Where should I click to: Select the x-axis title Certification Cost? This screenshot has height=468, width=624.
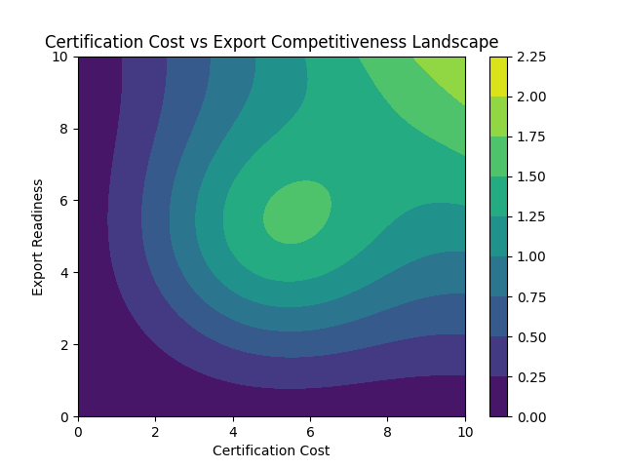(x=271, y=450)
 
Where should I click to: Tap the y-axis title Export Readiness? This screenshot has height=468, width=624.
(x=38, y=237)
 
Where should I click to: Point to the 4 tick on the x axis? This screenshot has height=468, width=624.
(x=233, y=429)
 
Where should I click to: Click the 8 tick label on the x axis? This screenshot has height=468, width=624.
(x=388, y=429)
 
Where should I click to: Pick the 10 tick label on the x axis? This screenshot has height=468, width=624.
(x=465, y=429)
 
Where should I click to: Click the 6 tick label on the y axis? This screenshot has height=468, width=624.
(x=65, y=201)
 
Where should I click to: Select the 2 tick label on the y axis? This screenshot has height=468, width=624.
(x=65, y=345)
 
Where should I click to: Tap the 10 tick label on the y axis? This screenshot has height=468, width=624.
(x=61, y=58)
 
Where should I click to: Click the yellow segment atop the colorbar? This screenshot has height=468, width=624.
(x=498, y=76)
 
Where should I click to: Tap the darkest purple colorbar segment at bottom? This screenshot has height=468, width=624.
(x=498, y=397)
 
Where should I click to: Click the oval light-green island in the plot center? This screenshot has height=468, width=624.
(x=296, y=212)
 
